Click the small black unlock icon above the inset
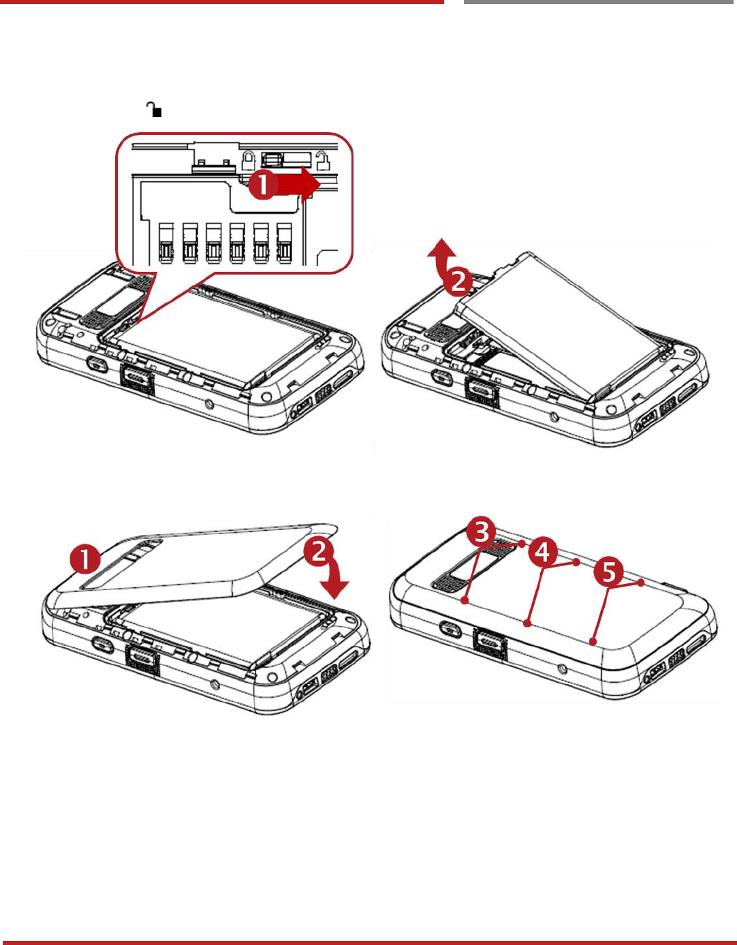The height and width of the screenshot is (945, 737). pos(155,109)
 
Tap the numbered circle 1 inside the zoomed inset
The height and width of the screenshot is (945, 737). pos(262,184)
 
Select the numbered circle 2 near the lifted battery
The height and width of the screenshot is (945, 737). pos(459,280)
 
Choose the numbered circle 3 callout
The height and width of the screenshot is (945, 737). pos(482,531)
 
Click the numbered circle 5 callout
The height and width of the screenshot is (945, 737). pos(609,572)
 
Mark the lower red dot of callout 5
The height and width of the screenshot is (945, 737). pos(594,641)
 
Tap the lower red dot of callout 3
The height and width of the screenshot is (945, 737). pos(464,600)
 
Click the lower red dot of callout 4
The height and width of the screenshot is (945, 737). pos(527,623)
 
